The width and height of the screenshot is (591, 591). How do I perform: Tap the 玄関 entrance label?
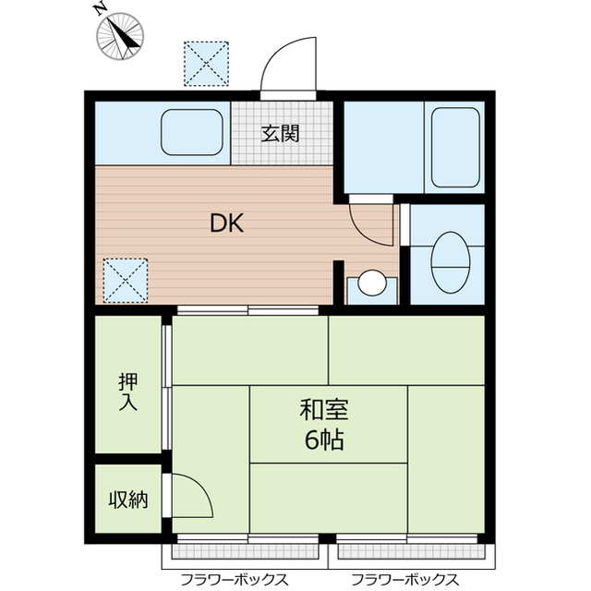tap(281, 133)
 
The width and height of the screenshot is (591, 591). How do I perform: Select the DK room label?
tap(227, 223)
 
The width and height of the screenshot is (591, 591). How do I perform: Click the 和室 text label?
tap(324, 410)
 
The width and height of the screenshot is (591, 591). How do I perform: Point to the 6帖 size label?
tap(324, 440)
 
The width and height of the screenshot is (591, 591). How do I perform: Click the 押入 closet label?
tap(128, 392)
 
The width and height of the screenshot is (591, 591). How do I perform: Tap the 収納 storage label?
tap(128, 500)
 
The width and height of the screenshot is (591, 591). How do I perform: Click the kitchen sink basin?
tap(192, 132)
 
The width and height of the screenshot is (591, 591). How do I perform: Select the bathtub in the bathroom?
tap(455, 148)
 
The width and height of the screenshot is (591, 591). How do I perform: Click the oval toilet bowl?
tap(451, 262)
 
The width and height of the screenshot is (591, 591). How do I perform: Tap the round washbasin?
tap(372, 283)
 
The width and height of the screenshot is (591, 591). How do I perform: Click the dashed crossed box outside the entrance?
tap(206, 64)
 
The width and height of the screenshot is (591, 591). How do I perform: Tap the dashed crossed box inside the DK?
tap(126, 281)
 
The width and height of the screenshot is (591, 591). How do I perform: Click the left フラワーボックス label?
tap(235, 579)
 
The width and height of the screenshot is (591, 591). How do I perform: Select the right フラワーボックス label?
tap(404, 579)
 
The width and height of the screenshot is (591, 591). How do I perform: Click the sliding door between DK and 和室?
tap(248, 310)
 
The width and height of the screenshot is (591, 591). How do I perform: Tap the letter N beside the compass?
tap(101, 10)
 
